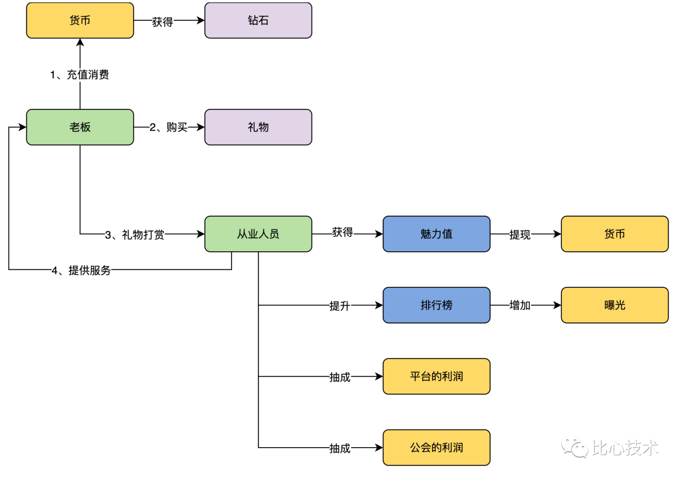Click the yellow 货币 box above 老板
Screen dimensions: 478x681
click(80, 20)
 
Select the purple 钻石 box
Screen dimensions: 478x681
click(258, 20)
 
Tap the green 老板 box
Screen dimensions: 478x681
click(80, 127)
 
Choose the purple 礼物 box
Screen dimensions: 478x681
click(258, 127)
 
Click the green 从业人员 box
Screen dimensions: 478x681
click(258, 234)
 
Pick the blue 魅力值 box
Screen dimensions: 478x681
click(436, 234)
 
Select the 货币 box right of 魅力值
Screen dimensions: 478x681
click(615, 234)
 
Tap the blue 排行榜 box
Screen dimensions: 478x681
click(436, 305)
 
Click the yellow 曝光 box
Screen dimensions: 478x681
click(615, 305)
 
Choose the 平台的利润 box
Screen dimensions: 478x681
click(436, 377)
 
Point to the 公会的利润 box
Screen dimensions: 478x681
click(436, 448)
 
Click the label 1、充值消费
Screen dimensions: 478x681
click(79, 74)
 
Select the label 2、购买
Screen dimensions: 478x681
click(168, 127)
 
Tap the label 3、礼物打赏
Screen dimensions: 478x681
click(134, 235)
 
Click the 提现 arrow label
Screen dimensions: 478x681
click(520, 235)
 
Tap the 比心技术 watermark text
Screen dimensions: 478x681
click(625, 448)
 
